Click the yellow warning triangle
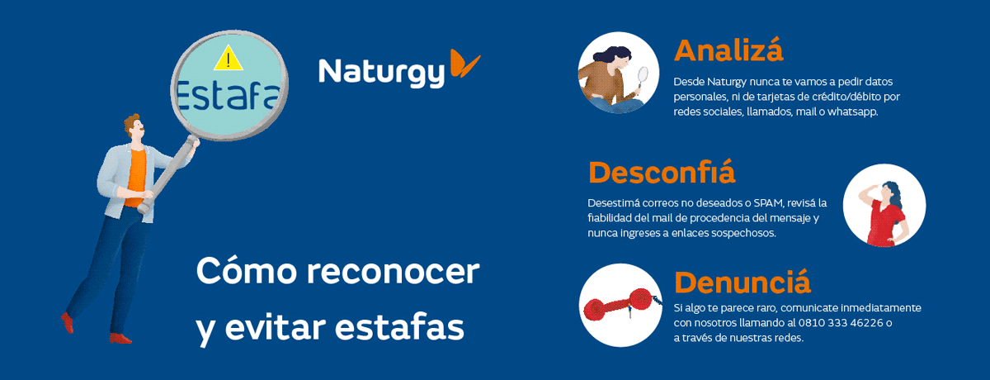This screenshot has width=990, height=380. pos(228,59)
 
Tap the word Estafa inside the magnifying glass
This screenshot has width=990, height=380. pos(229,96)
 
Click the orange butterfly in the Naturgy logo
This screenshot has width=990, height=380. pos(464,64)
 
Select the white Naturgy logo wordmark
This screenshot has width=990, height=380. pos(381,73)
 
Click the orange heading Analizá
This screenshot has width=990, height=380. pos(728,50)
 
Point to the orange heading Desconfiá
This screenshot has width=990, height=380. pos(662,172)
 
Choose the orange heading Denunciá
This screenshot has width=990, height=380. pos(742,282)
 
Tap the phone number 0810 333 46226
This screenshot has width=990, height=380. pos(841,323)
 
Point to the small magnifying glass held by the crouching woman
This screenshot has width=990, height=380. pos(642,80)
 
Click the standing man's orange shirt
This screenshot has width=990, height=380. pos(135,178)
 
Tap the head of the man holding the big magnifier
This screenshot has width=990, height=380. pos(134,127)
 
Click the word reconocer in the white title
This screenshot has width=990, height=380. pos(393,271)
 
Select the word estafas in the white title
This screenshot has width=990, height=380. pos(399,327)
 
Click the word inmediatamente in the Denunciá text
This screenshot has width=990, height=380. pos(880,308)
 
